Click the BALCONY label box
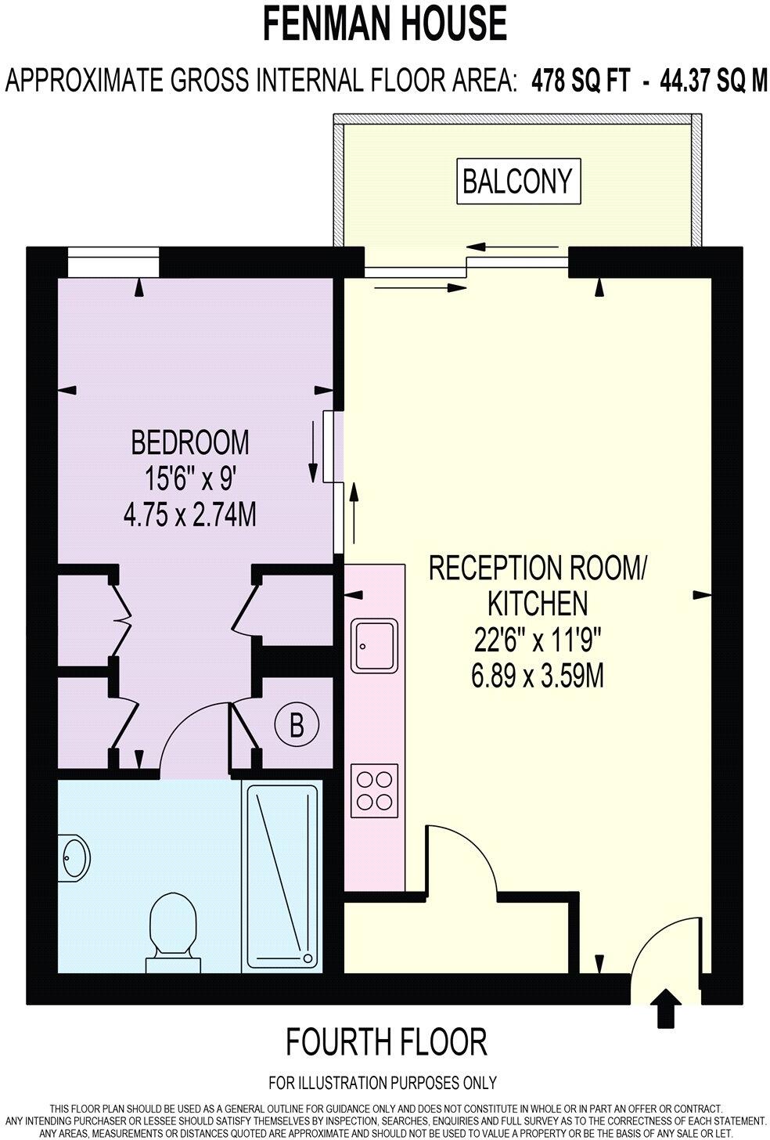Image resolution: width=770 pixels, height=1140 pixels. [517, 181]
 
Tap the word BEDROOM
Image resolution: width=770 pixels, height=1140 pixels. [190, 442]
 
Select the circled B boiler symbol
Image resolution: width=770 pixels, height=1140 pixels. [297, 725]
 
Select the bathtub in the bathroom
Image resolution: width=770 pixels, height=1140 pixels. [282, 876]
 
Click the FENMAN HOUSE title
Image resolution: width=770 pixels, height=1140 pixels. [384, 23]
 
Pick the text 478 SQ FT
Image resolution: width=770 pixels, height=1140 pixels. [580, 81]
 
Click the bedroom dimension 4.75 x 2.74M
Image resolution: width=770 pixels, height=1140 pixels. [190, 516]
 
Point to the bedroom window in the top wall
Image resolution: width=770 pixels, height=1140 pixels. [113, 262]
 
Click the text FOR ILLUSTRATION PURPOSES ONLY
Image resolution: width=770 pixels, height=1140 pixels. [383, 1083]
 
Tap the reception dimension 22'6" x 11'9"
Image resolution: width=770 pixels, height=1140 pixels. [537, 640]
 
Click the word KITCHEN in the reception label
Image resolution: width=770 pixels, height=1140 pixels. [537, 603]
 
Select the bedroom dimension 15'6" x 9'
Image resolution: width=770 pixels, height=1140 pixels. [190, 479]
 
